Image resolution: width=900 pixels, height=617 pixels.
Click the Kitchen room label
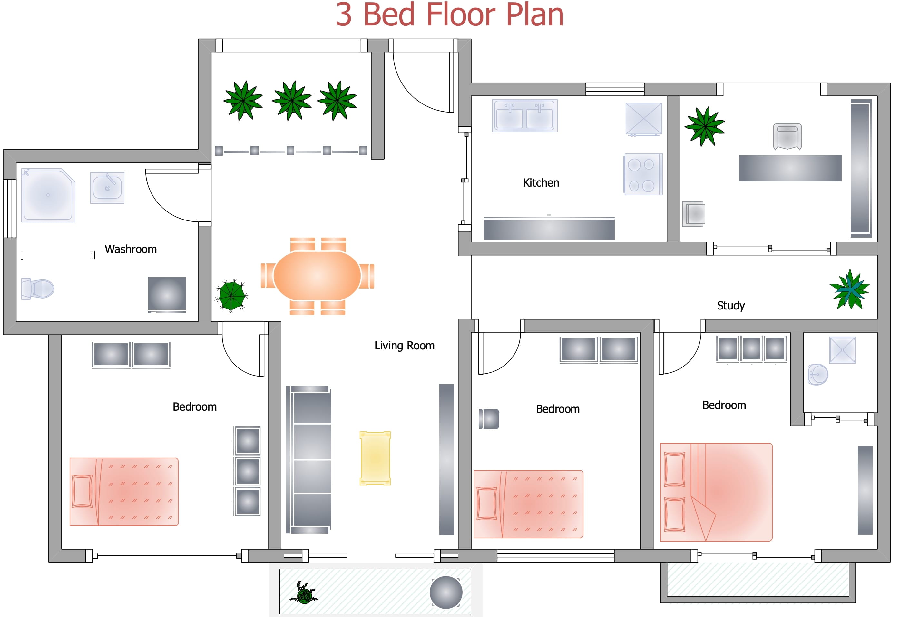541,183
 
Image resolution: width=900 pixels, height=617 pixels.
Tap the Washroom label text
131,249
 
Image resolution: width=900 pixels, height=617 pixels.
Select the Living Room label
404,346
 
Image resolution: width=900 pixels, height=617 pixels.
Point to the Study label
730,306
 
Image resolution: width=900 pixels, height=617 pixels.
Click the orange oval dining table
317,275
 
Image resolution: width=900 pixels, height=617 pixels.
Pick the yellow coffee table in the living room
375,458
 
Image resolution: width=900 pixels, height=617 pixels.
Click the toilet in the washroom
38,289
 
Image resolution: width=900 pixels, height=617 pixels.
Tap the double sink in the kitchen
524,116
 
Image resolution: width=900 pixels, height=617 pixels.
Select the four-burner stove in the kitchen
643,174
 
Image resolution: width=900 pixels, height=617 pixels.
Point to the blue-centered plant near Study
850,289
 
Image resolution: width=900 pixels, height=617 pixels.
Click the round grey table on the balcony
446,592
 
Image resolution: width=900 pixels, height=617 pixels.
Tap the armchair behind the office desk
787,136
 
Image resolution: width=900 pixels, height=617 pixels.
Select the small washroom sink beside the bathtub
107,188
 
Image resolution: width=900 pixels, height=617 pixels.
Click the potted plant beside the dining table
231,295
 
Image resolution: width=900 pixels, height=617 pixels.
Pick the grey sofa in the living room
308,459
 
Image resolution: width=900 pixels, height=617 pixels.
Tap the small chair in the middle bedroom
489,419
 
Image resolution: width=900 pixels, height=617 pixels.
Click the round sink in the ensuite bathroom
817,375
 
